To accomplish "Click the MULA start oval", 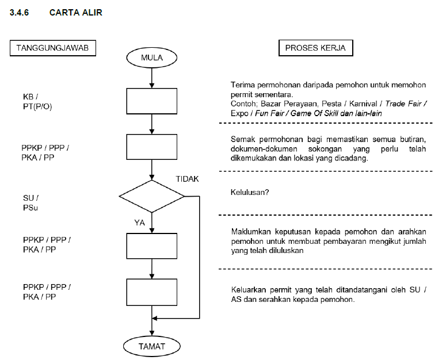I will pyautogui.click(x=152, y=57).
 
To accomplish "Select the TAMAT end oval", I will pyautogui.click(x=152, y=346).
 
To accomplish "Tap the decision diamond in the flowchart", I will pyautogui.click(x=152, y=196).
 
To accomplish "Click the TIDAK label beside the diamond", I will pyautogui.click(x=187, y=179).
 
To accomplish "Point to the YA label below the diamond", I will pyautogui.click(x=139, y=222).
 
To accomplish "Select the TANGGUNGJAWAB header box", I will pyautogui.click(x=52, y=48).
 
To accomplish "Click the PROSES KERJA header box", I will pyautogui.click(x=315, y=48).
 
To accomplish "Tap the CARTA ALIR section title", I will pyautogui.click(x=76, y=12).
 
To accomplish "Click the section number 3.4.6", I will pyautogui.click(x=21, y=12).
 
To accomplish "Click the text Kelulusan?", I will pyautogui.click(x=250, y=192).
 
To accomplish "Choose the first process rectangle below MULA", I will pyautogui.click(x=152, y=101).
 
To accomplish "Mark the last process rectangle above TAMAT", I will pyautogui.click(x=152, y=292).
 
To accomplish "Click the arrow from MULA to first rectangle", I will pyautogui.click(x=152, y=77).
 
